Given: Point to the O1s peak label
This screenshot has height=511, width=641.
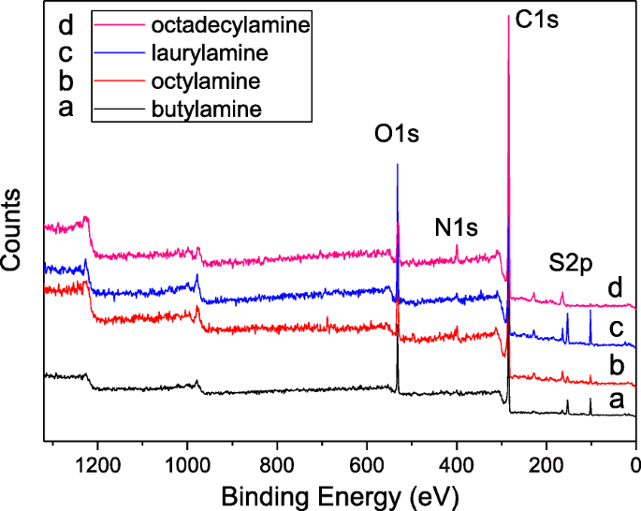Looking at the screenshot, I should point(397,135).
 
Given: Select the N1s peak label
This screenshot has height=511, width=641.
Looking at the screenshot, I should point(457,226).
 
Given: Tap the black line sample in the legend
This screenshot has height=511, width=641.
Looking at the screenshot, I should point(118,109).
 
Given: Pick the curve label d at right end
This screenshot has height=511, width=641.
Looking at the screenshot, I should point(614,287).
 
